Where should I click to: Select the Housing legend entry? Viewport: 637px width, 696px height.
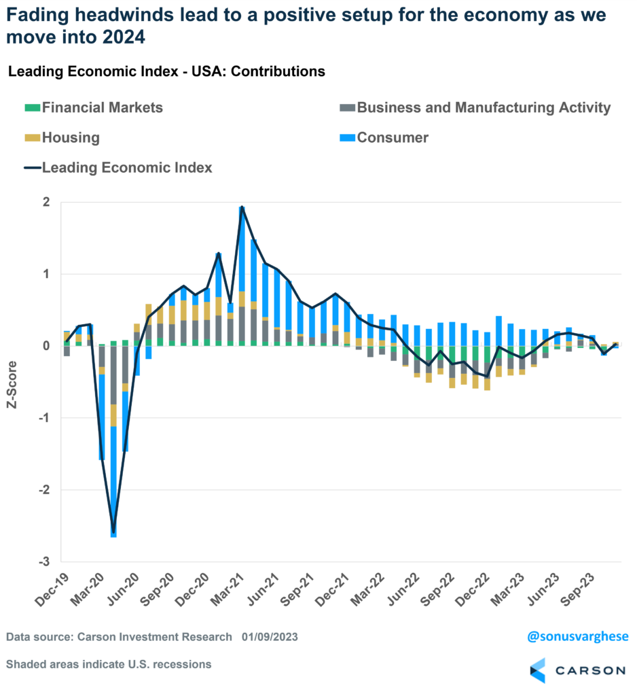[x=71, y=138]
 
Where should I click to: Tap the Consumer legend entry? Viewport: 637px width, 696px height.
[x=393, y=138]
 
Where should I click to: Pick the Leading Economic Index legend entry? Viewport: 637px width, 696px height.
[x=127, y=167]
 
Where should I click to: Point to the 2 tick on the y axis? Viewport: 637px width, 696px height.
[x=47, y=203]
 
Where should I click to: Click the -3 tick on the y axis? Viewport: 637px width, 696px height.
[x=45, y=562]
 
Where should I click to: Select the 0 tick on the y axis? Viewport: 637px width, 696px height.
[x=47, y=346]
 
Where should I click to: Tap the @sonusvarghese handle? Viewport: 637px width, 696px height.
[x=578, y=637]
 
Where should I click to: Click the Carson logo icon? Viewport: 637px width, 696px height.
[x=538, y=670]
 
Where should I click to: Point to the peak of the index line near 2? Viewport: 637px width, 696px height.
[x=242, y=207]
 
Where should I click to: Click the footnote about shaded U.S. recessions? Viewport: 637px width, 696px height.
[x=109, y=664]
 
